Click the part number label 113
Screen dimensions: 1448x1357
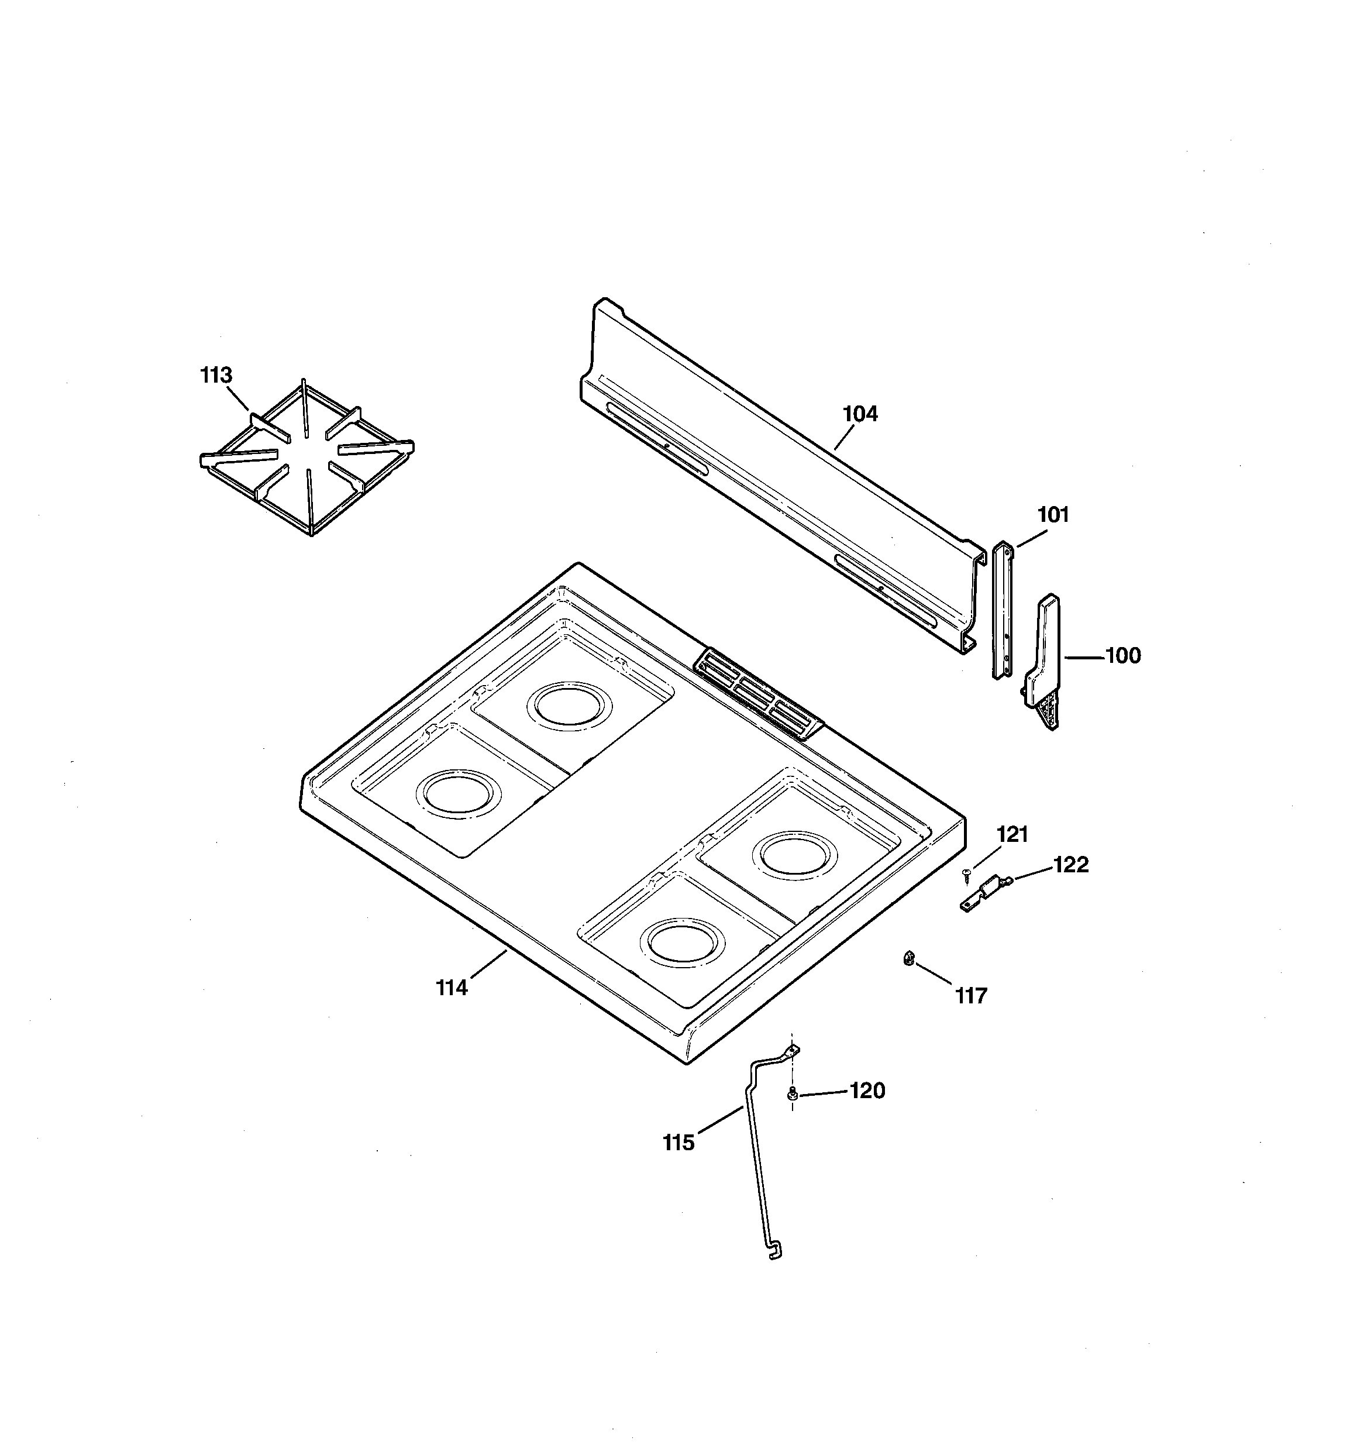(x=216, y=376)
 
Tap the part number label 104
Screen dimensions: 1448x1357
(x=860, y=414)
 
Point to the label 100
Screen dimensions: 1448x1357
(x=1122, y=656)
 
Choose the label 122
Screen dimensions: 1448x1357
(x=1071, y=865)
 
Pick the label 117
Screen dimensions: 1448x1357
(x=971, y=996)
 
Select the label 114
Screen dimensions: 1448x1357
(x=452, y=988)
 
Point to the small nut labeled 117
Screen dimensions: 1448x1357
(x=908, y=958)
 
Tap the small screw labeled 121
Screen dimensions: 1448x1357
(x=967, y=872)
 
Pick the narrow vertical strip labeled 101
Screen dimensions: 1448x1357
(x=1003, y=612)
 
